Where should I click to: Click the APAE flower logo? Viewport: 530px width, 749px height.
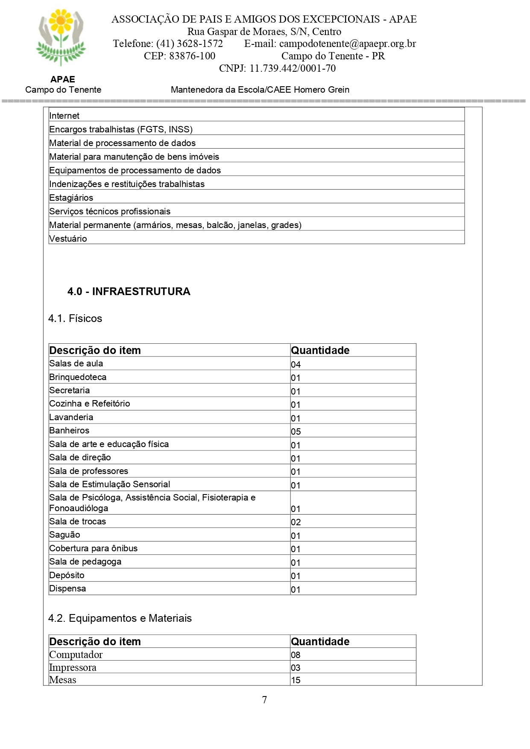tap(61, 38)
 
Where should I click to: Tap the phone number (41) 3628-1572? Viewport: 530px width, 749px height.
tap(189, 44)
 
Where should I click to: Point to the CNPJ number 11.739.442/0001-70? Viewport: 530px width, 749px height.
tap(293, 68)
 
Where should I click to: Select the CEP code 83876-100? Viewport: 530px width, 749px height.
tap(192, 56)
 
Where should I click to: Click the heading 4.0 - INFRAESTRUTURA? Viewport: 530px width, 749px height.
tap(129, 291)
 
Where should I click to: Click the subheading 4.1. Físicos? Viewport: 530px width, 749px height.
tap(75, 319)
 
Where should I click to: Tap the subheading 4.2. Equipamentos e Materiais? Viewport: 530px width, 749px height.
tap(120, 618)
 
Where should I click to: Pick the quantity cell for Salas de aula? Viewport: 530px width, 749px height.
tap(296, 364)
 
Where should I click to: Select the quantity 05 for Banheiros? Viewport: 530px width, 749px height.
tap(296, 431)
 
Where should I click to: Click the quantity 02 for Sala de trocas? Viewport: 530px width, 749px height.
tap(296, 522)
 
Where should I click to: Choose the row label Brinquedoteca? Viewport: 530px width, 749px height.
tap(78, 377)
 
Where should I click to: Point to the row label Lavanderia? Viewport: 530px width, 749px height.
tap(71, 417)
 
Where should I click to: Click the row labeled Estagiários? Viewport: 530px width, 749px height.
tap(71, 198)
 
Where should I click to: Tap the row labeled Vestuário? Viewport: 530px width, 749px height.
tap(68, 239)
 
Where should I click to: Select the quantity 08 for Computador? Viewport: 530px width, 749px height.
tap(296, 655)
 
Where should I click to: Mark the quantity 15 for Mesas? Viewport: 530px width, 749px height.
tap(296, 680)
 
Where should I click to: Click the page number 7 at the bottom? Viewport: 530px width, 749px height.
tap(265, 699)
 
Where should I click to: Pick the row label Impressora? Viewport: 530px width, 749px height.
tap(73, 667)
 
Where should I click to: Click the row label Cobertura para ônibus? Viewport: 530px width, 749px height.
tap(93, 548)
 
